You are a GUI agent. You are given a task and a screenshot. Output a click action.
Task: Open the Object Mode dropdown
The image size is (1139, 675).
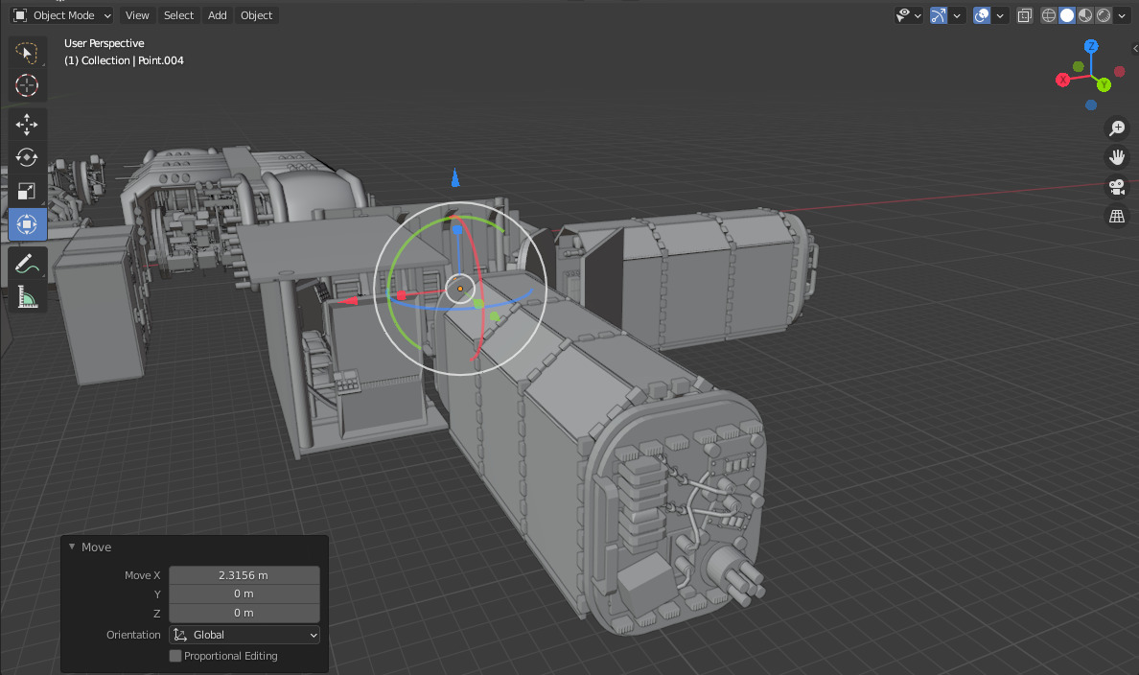[62, 15]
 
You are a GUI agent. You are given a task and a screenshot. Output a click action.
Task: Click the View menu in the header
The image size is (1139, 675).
[137, 15]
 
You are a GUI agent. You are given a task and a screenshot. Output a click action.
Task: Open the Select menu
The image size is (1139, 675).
[178, 15]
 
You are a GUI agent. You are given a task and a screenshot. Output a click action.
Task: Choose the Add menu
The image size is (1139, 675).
[218, 15]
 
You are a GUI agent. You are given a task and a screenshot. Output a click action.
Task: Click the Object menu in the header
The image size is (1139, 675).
[256, 15]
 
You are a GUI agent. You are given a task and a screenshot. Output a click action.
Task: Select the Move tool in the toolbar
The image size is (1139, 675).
[27, 124]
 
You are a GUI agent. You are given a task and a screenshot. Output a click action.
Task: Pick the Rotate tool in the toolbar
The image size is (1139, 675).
[27, 157]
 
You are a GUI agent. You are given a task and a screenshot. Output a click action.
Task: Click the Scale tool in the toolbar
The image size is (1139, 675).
[27, 191]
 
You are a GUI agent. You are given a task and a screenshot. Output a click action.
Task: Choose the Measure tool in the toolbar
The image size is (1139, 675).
[27, 297]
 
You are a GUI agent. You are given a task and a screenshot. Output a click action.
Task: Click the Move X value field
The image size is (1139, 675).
[244, 575]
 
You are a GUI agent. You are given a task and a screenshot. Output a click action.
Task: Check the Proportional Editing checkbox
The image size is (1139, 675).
[175, 656]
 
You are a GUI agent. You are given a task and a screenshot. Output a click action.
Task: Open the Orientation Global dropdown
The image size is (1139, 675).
[244, 635]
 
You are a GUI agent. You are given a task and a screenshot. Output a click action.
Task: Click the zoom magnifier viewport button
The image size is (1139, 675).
[1117, 128]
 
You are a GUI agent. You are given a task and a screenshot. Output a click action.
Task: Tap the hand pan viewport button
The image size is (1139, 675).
[1117, 157]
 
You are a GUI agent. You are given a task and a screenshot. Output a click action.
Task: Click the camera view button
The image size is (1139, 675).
[1117, 187]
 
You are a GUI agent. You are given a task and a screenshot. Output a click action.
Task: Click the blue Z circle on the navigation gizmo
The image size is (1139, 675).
[1091, 46]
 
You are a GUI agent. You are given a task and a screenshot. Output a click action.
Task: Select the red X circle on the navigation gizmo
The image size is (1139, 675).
[1062, 81]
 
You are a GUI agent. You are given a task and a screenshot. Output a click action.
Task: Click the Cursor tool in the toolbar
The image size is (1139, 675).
[27, 84]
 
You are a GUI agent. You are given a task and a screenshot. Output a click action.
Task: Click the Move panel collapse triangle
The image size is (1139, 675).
[72, 547]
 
